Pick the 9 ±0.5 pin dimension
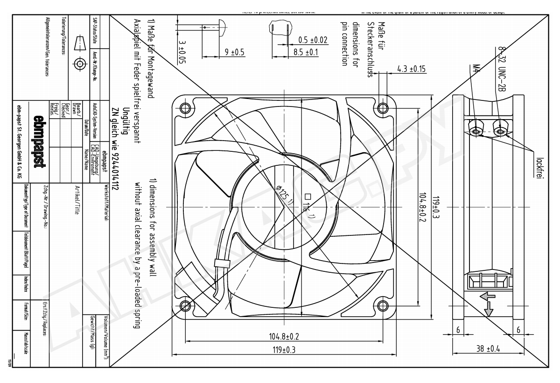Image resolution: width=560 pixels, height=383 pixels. tap(235, 52)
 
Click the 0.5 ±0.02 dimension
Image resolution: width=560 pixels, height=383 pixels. tap(309, 40)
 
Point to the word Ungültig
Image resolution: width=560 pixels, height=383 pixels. tap(125, 122)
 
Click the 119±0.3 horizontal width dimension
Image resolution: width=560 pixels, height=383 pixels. tap(283, 350)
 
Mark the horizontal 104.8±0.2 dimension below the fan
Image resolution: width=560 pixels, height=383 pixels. tap(284, 336)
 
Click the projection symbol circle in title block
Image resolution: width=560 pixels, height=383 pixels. tap(80, 64)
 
